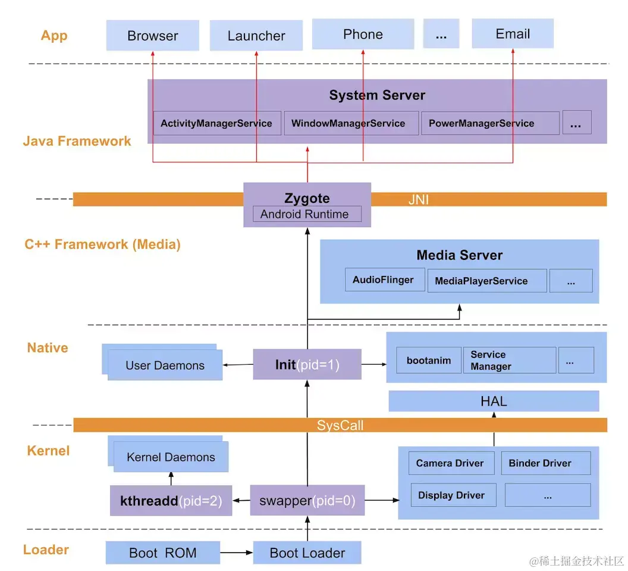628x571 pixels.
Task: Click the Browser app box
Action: [x=153, y=35]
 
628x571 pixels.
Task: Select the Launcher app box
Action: [x=256, y=36]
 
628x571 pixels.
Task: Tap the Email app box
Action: [x=512, y=34]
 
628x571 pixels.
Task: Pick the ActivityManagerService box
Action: [x=216, y=124]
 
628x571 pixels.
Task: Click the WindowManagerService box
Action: [x=348, y=124]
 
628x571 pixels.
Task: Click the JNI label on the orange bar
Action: [x=418, y=200]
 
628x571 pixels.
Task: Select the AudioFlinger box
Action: [x=383, y=280]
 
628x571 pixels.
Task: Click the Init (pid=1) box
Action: [x=307, y=365]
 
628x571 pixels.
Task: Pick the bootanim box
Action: [x=428, y=360]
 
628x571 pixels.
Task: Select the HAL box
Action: [x=494, y=401]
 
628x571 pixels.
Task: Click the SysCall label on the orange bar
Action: [x=340, y=425]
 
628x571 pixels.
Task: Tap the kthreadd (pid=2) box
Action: [x=171, y=501]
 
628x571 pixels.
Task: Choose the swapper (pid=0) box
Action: [x=307, y=501]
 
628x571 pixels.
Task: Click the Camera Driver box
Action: [x=451, y=463]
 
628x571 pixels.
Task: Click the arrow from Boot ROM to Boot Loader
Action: [x=237, y=553]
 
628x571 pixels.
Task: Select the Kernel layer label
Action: [x=48, y=451]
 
